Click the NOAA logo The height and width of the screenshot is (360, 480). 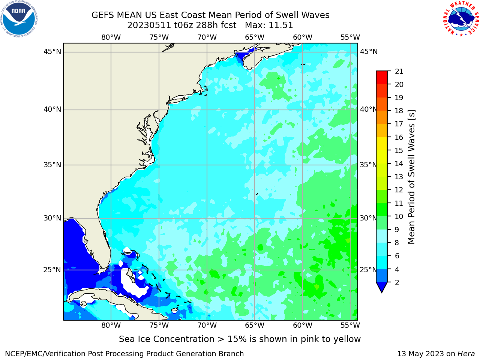tap(19, 19)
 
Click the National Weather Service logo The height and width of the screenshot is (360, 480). tap(461, 19)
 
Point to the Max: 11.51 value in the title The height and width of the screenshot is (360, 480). tap(269, 25)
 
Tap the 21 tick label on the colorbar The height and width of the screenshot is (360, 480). tap(399, 72)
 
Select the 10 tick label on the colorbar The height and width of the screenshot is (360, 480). tap(399, 216)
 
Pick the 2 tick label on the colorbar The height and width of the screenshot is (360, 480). tap(397, 282)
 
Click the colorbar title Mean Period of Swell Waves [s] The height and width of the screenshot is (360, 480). tap(411, 177)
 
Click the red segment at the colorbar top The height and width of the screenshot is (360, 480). tap(382, 78)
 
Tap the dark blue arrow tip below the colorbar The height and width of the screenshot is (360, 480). tap(382, 292)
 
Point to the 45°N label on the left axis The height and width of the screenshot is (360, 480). tap(52, 52)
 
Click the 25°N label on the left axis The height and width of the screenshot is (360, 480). tap(52, 270)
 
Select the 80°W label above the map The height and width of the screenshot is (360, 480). tap(111, 37)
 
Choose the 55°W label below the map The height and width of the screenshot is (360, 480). tap(350, 325)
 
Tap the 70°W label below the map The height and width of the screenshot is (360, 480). tap(207, 325)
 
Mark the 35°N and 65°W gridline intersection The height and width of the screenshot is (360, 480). tap(255, 165)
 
